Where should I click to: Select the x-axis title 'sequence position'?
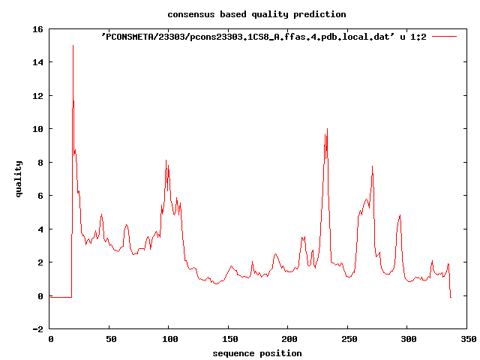tap(257, 353)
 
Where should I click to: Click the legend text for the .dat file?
tap(263, 36)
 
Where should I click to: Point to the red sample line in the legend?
tap(445, 36)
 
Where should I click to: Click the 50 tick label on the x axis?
tap(109, 339)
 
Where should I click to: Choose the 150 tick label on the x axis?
tap(229, 339)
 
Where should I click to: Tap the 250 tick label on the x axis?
tap(348, 339)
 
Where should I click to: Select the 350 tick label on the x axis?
tap(467, 339)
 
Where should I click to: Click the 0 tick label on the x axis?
tap(50, 339)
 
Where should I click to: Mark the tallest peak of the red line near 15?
tap(73, 46)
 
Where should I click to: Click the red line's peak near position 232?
tap(327, 129)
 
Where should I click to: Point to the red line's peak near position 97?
tap(166, 160)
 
